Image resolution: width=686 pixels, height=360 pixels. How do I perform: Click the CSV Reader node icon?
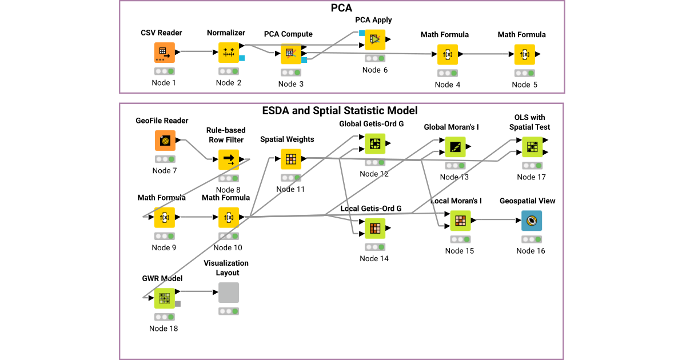(164, 53)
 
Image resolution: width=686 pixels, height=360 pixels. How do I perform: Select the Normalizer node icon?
(229, 53)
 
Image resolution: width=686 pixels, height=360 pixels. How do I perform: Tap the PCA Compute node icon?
(290, 54)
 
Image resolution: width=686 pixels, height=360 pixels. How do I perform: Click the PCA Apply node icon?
(375, 39)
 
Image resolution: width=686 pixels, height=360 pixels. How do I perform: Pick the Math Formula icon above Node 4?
(448, 54)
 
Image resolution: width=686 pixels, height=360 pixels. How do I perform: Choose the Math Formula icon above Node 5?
(524, 54)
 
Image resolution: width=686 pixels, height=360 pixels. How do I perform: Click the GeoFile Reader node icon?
(165, 141)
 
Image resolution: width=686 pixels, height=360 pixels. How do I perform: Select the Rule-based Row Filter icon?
(229, 159)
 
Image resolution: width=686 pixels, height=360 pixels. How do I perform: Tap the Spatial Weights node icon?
(290, 159)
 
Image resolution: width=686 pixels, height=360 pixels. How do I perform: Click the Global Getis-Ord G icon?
(375, 144)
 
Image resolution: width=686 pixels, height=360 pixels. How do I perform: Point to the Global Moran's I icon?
(455, 147)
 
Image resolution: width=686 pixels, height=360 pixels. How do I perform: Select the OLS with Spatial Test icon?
(532, 147)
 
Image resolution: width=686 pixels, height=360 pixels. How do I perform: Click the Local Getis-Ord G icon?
(375, 229)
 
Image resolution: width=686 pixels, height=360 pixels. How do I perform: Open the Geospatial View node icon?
(531, 221)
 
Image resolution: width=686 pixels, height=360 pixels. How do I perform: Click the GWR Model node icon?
(165, 298)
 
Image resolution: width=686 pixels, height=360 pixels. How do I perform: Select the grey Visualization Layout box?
(229, 293)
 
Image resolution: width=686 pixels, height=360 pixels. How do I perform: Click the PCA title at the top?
(341, 8)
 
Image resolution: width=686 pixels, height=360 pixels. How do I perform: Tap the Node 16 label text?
(531, 251)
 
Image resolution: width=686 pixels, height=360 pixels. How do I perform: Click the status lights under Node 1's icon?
(164, 71)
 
